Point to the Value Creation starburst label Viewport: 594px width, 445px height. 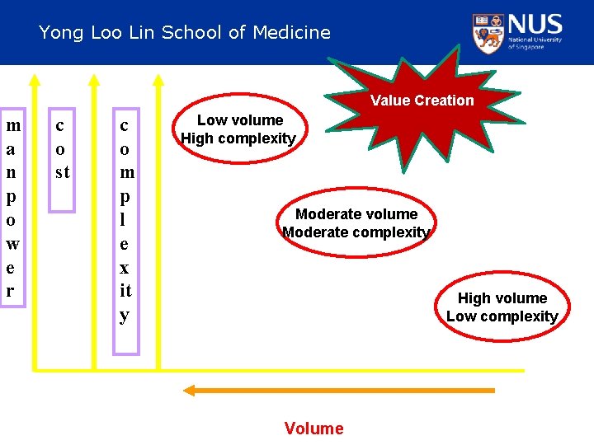coord(422,101)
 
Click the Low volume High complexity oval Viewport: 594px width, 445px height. coord(239,129)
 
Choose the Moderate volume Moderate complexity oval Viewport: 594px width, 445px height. coord(356,223)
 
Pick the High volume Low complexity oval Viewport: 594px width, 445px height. coord(502,307)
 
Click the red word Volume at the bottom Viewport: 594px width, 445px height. coord(313,428)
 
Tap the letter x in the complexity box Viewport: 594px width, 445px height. coord(124,268)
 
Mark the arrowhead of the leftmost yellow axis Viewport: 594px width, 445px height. coord(35,80)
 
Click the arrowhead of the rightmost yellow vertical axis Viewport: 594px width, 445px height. coord(159,80)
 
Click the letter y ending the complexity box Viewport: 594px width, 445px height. coord(124,316)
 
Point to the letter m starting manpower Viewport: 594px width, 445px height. coord(13,126)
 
